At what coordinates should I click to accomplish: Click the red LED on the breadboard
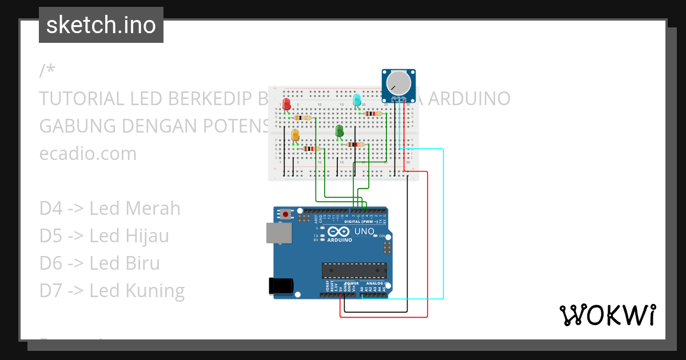click(287, 104)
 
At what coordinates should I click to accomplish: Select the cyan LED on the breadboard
click(357, 101)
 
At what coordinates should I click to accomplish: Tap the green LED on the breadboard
click(340, 131)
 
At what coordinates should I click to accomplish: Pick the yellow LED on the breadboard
click(296, 135)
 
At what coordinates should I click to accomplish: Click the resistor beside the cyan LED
click(373, 114)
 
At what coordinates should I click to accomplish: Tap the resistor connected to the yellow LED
click(312, 149)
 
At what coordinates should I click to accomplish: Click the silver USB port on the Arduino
click(278, 233)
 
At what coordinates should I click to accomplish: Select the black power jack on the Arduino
click(281, 286)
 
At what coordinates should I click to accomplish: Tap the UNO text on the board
click(364, 231)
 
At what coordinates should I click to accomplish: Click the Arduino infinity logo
click(338, 231)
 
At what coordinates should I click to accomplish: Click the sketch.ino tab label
click(101, 25)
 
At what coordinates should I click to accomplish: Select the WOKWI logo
click(607, 315)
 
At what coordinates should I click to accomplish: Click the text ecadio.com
click(88, 154)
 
